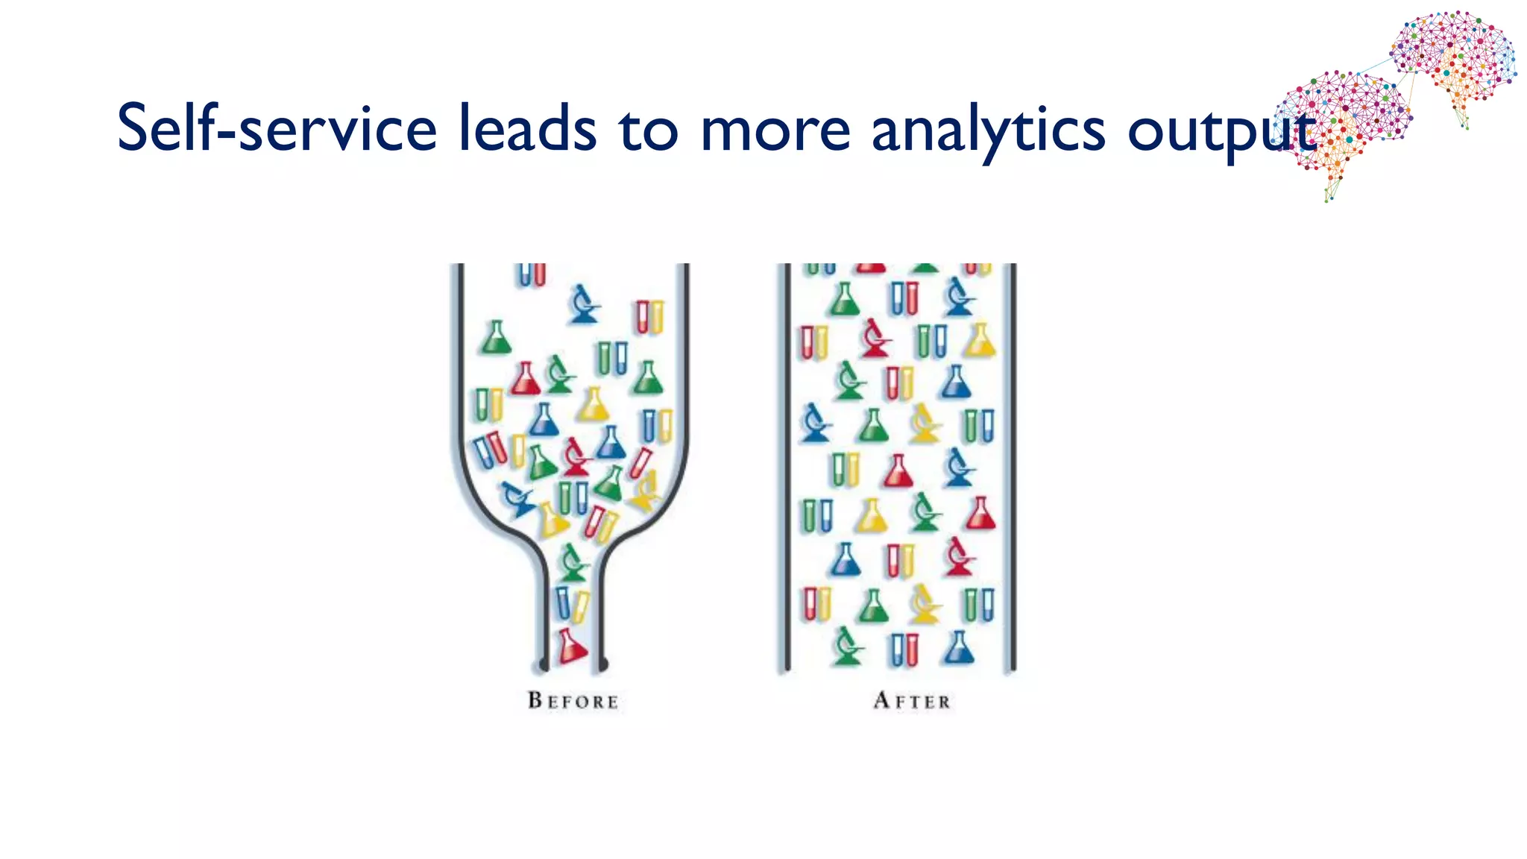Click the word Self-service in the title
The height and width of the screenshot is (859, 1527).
277,128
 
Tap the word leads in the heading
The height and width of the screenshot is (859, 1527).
527,128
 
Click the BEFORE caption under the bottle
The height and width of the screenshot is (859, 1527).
573,701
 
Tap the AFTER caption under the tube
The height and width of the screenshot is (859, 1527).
913,701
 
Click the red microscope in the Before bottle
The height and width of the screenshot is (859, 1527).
575,456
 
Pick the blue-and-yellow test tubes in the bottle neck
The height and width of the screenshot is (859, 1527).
571,604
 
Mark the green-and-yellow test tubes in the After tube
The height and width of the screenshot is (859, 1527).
846,469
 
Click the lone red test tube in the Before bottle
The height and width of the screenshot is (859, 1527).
640,463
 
